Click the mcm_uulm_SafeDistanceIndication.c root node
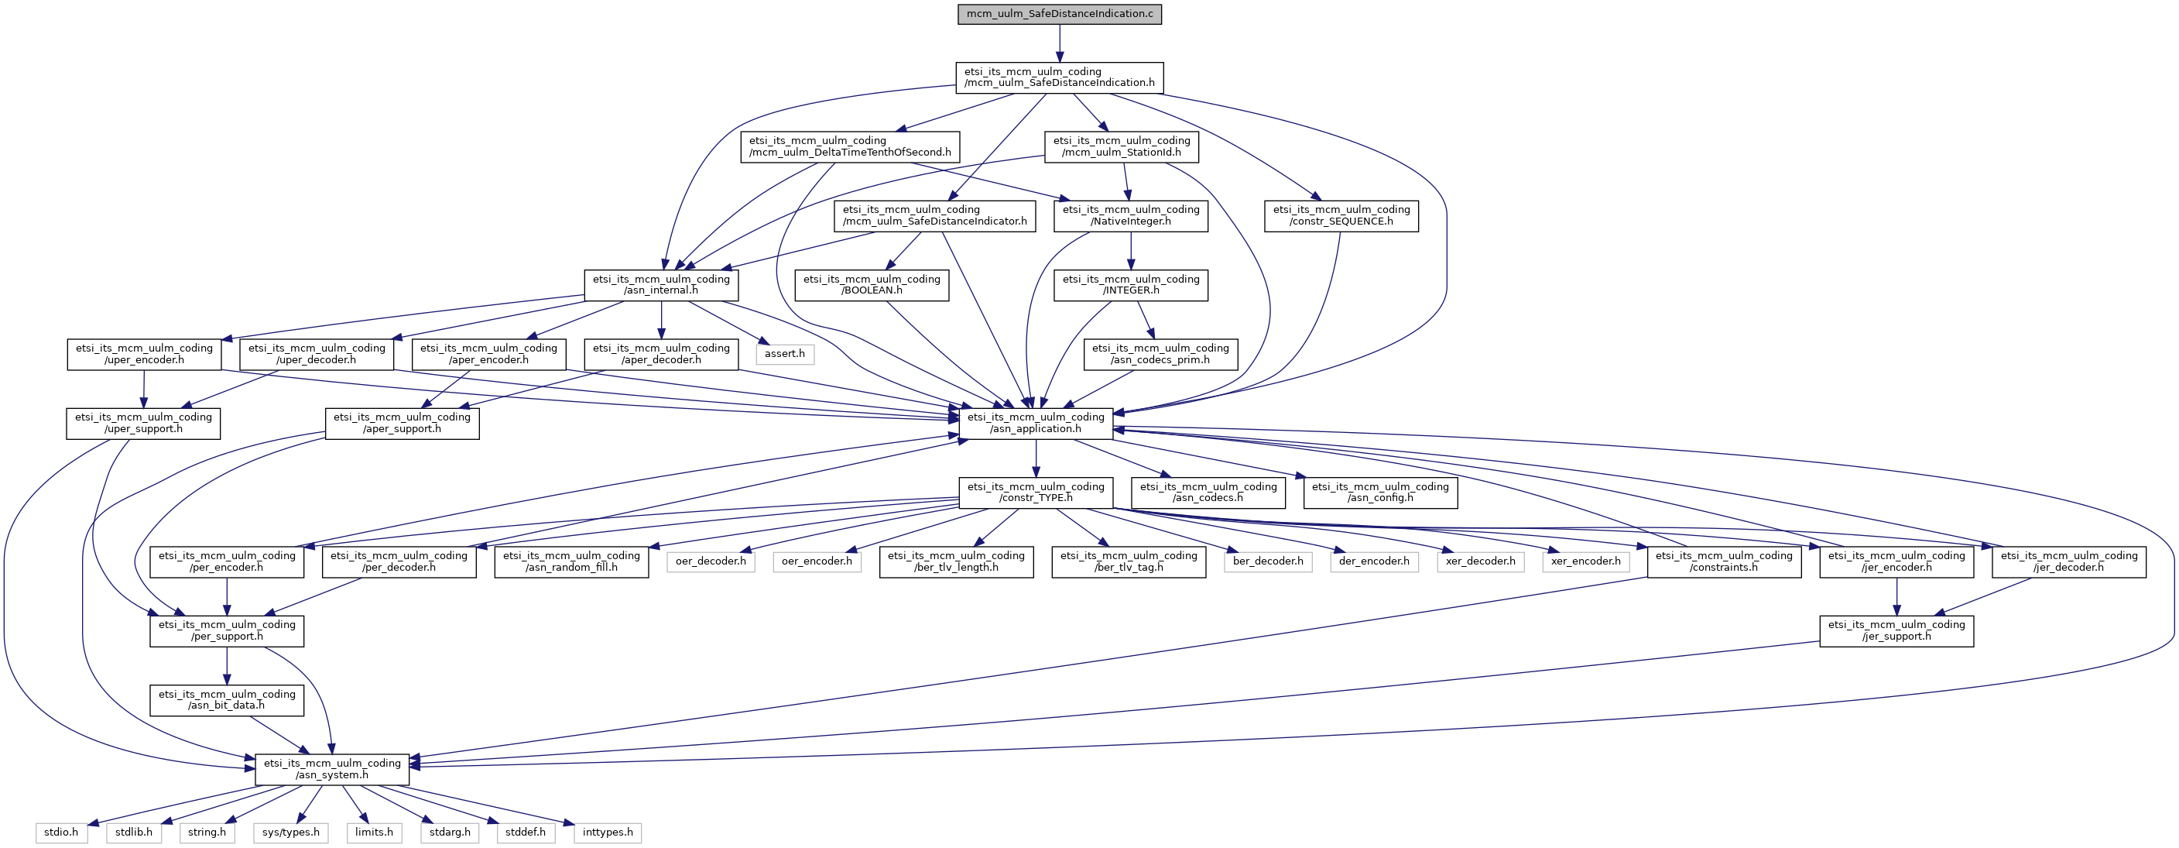point(1059,15)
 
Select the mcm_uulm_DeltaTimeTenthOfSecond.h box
point(850,146)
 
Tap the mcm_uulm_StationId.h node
point(1122,146)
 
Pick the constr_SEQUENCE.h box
point(1341,216)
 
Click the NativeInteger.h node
point(1131,216)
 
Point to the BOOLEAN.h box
point(872,285)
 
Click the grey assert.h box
point(785,354)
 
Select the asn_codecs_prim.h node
point(1160,354)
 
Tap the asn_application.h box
point(1036,423)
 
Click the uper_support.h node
point(144,423)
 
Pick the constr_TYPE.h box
point(1036,493)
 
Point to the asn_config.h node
point(1380,493)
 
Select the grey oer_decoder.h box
point(711,561)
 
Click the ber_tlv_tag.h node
point(1129,562)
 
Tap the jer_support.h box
point(1896,630)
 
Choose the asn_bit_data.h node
point(227,700)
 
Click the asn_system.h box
point(332,769)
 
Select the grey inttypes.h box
point(608,833)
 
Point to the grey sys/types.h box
point(291,833)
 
